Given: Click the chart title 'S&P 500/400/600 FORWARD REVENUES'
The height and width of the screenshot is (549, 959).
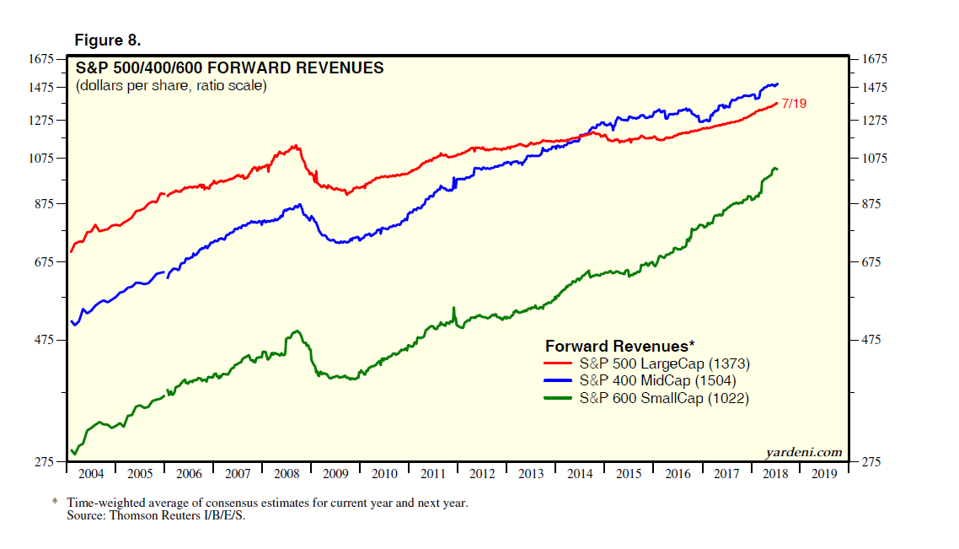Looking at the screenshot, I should (229, 68).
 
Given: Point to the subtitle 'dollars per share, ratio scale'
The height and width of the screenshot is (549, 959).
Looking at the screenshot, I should (170, 86).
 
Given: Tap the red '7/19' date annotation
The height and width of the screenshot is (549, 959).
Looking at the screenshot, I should (794, 104).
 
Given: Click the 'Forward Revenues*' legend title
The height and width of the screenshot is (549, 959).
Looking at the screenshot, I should (620, 346).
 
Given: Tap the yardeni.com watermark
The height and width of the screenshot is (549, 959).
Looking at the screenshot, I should (804, 452).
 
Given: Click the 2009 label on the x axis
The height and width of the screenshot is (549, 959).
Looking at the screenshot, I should (335, 474).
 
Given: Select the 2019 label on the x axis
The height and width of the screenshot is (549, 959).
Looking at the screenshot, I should (824, 474).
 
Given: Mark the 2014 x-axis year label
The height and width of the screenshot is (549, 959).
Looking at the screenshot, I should (580, 474).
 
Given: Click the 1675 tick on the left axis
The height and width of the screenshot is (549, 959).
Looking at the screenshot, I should (42, 59).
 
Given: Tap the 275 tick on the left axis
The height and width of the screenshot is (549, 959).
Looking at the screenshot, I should (46, 462).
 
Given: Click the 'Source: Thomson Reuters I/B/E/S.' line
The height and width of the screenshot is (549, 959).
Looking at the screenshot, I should (157, 515).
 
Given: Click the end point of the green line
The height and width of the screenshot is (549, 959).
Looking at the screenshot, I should (776, 170).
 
